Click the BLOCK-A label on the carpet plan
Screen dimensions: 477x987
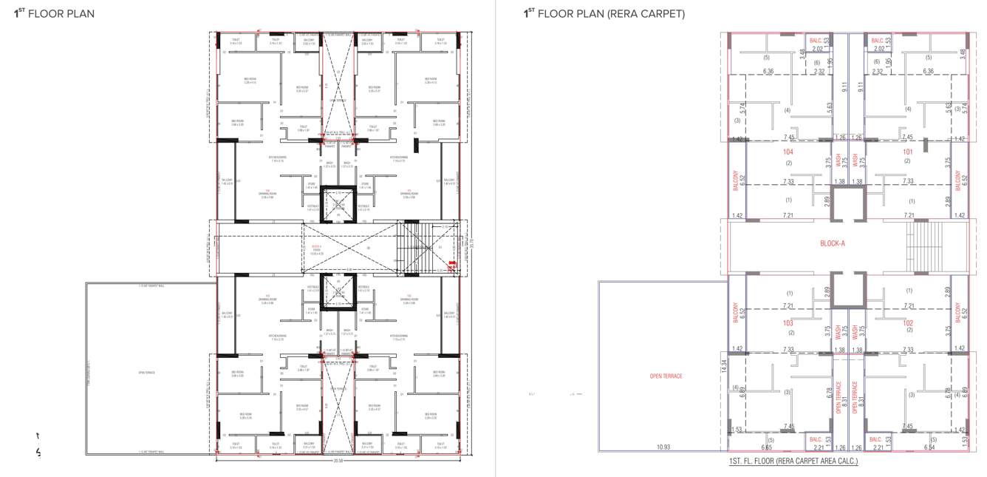833,243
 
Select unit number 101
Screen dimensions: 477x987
907,152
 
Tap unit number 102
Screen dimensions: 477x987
907,323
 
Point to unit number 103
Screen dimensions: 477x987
788,323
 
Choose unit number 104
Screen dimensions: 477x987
788,152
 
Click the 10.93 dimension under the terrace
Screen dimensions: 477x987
663,447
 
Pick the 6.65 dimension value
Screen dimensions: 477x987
767,447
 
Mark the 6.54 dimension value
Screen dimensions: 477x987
929,447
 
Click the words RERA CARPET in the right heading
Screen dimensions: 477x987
656,14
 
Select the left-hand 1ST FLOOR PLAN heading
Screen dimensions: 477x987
55,14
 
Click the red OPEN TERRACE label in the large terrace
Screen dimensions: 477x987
666,376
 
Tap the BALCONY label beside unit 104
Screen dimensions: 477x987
736,181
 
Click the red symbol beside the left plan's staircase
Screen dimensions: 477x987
453,263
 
